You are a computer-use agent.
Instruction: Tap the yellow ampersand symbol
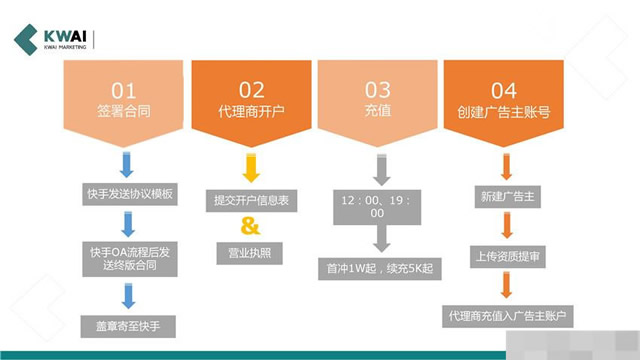coord(251,224)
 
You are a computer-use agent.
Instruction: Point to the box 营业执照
coord(251,252)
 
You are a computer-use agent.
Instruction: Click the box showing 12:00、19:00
coord(378,206)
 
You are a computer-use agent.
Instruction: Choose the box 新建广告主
coord(505,196)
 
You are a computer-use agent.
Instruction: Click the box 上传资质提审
coord(505,256)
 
